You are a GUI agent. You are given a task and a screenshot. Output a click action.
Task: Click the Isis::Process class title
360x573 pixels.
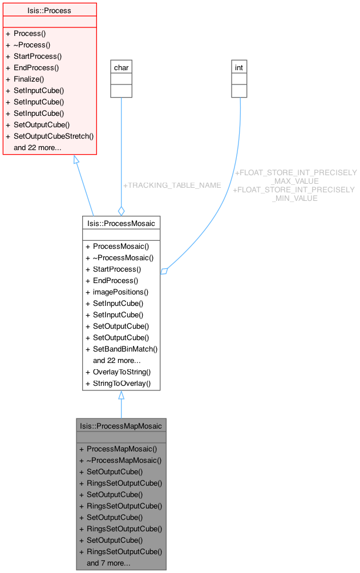[48, 10]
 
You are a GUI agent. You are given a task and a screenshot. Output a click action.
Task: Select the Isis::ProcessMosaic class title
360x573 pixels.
[121, 223]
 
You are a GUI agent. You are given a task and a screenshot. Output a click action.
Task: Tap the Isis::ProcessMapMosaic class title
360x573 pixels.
[121, 426]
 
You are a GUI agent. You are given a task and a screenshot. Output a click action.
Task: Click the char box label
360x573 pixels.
[121, 67]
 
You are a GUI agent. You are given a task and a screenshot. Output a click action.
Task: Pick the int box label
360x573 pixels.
[239, 67]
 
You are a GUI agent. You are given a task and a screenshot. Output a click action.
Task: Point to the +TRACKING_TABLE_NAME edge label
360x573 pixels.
[172, 185]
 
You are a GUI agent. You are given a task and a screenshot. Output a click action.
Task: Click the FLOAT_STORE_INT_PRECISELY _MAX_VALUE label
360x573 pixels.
[296, 176]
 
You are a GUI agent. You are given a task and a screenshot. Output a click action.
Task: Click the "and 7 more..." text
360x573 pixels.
[108, 563]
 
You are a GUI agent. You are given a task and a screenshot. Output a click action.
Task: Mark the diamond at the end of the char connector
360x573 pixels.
[121, 211]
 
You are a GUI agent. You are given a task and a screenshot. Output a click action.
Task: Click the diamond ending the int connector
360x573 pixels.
[164, 271]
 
